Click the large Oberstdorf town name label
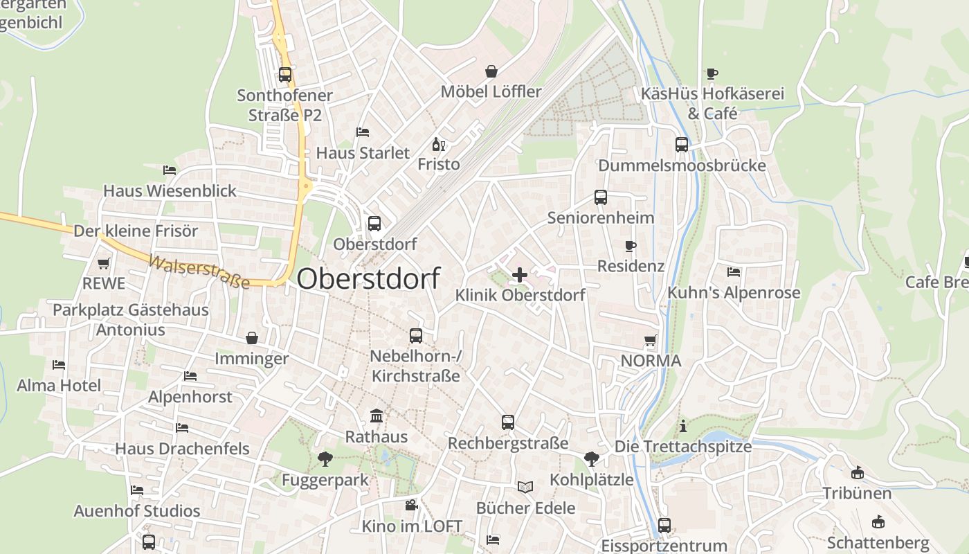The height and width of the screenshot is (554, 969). (368, 278)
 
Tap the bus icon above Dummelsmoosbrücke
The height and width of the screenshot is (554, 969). (682, 145)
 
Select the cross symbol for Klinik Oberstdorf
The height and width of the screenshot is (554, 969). (520, 275)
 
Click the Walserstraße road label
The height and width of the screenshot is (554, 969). (199, 271)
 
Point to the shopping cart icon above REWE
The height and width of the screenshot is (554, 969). (104, 263)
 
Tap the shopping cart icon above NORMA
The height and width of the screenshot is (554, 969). (651, 340)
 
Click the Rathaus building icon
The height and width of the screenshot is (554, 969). (377, 415)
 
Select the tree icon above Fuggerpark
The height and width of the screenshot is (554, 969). (325, 458)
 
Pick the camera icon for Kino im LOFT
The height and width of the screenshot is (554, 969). (412, 506)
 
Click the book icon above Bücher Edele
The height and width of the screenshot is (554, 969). (525, 487)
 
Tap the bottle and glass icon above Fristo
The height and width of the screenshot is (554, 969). (438, 144)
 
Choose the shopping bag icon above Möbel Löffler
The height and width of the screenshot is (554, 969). (491, 71)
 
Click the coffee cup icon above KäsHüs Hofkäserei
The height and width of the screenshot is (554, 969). (712, 73)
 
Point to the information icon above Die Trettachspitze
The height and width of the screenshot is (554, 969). (683, 426)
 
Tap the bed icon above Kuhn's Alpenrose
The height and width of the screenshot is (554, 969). (734, 272)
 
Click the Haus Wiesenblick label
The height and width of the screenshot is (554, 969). (170, 190)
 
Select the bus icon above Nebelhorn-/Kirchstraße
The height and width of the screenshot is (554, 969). (415, 335)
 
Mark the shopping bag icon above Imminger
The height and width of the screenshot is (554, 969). (252, 338)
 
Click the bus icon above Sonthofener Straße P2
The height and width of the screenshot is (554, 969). (284, 74)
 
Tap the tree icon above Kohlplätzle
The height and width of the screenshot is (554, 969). (591, 458)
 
